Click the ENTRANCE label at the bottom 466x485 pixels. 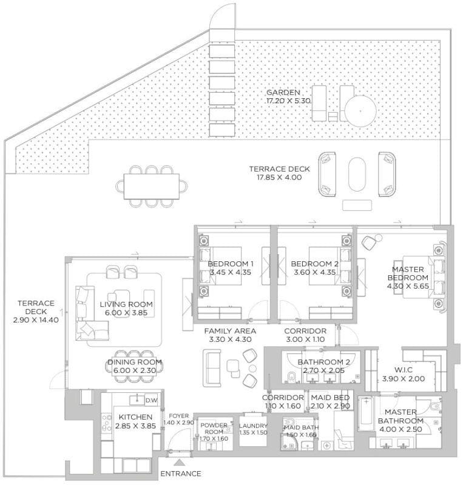point(181,473)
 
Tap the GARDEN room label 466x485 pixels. point(279,92)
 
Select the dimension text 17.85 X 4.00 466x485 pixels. point(279,178)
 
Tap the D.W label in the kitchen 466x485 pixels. point(150,400)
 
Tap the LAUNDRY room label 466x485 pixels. point(253,426)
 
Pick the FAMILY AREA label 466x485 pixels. point(229,331)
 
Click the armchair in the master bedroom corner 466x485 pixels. point(368,242)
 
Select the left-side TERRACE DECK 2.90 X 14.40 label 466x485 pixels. point(36,304)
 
